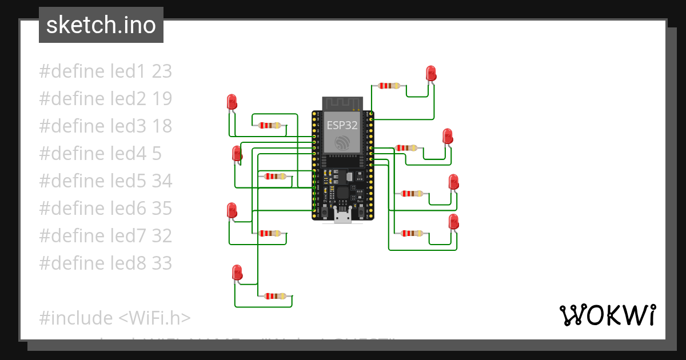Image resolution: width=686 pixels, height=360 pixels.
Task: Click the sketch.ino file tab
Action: (x=101, y=25)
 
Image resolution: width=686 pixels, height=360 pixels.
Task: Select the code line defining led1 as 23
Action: (x=105, y=71)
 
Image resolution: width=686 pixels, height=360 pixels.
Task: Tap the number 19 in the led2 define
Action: (x=162, y=99)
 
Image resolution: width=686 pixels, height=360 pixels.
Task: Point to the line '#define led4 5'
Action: (x=100, y=154)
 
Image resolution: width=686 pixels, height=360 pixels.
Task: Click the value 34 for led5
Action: (x=162, y=181)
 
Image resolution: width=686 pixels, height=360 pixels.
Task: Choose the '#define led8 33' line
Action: (x=105, y=263)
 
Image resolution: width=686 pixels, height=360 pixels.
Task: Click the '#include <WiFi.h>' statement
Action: (x=115, y=318)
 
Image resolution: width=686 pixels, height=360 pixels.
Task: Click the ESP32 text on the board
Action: (x=342, y=125)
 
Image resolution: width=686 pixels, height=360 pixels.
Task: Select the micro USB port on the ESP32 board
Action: (x=343, y=216)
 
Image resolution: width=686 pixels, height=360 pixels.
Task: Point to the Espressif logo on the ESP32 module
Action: (x=342, y=143)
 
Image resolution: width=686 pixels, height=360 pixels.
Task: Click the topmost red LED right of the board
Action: (x=431, y=73)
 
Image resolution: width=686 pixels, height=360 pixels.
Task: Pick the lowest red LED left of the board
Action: (x=237, y=272)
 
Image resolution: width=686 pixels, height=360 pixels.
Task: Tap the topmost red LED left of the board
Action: (x=232, y=102)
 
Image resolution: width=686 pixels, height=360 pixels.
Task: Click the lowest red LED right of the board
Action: (x=453, y=221)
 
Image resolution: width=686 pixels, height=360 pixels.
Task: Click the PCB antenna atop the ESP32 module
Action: (x=342, y=103)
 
